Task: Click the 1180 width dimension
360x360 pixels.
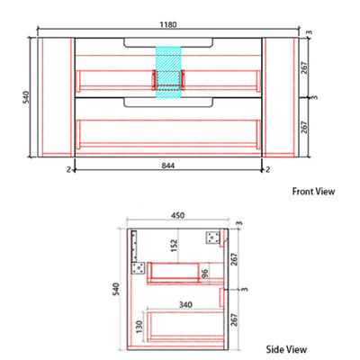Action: coord(168,24)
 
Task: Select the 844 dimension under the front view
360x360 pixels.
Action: coord(168,166)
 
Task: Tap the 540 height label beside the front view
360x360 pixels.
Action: coord(26,97)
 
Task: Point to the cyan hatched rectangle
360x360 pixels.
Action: coord(168,72)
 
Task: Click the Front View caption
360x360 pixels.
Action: coord(313,192)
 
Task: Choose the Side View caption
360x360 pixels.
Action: coord(286,349)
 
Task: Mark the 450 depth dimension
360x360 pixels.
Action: coord(177,216)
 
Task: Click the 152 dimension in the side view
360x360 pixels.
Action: coord(174,246)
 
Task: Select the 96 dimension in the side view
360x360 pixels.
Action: coord(204,274)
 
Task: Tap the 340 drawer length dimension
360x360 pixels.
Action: coord(185,305)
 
